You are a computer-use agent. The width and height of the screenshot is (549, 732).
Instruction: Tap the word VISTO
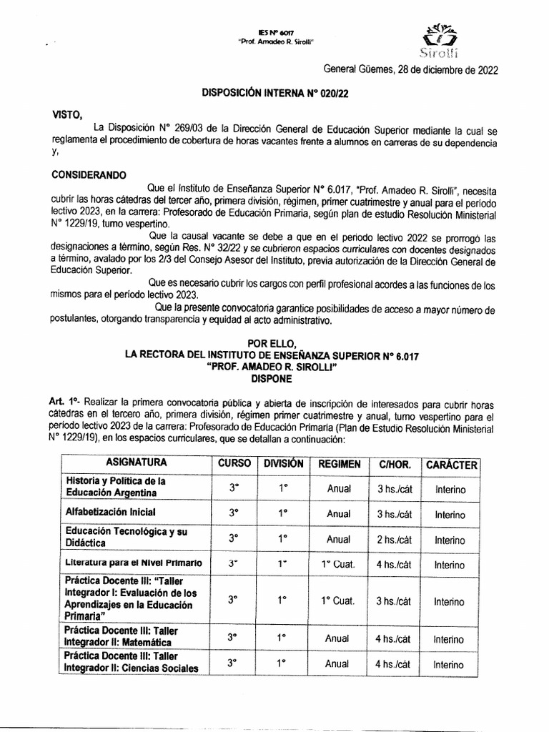click(x=68, y=114)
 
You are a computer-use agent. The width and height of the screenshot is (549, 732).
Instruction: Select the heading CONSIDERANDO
click(x=89, y=174)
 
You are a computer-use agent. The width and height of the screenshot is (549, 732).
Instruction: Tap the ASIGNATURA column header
click(x=137, y=463)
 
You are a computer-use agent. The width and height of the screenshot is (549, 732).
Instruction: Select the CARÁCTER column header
click(x=451, y=465)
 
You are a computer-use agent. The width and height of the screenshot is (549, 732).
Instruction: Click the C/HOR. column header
click(x=394, y=465)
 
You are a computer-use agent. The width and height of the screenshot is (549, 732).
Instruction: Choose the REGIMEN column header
click(x=339, y=464)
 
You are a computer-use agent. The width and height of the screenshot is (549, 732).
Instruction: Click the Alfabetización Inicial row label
click(x=110, y=513)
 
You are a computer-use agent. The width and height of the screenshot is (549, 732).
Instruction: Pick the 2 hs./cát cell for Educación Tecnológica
click(x=394, y=540)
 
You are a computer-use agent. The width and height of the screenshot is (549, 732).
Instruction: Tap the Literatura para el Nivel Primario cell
click(x=134, y=563)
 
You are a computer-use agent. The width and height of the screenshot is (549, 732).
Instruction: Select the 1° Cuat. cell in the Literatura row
click(x=339, y=565)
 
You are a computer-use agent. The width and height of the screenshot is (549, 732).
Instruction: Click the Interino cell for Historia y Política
click(x=449, y=490)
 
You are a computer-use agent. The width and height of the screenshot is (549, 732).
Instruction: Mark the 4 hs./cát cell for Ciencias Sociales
click(x=394, y=663)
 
